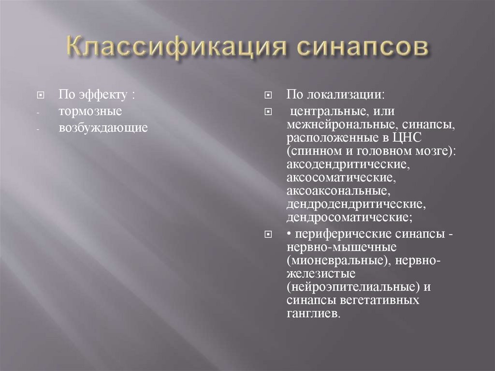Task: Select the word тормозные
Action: coord(90,111)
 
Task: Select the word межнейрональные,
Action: coord(341,125)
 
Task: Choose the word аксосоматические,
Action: coord(341,178)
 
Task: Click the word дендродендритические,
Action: coord(356,204)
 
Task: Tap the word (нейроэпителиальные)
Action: coord(352,287)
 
